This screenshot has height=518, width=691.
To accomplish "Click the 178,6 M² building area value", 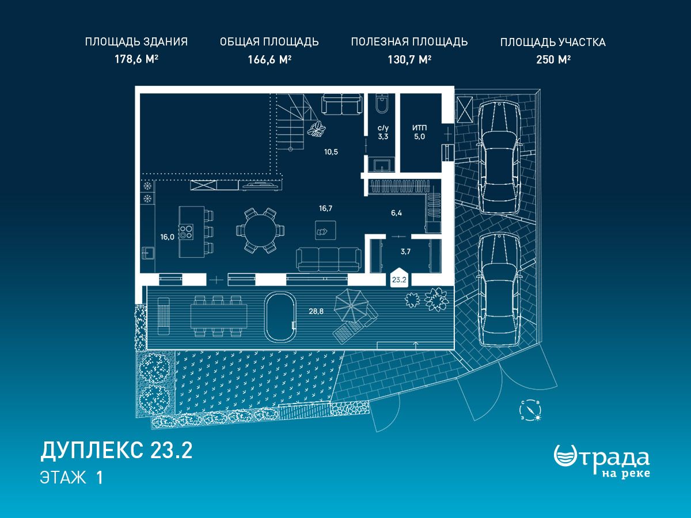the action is [136, 59].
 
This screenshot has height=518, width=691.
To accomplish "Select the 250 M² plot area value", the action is [553, 59].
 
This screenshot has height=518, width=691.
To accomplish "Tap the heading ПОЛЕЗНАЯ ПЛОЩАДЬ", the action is [409, 42].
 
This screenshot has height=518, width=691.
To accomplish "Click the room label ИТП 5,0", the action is [419, 132].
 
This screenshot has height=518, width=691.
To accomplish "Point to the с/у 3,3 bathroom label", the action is [383, 132].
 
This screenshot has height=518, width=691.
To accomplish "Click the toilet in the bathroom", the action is [382, 104].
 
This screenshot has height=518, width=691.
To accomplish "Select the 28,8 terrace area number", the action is [316, 311].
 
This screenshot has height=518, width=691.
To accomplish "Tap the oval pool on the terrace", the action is [280, 317].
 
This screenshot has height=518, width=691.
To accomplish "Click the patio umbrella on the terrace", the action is [351, 306].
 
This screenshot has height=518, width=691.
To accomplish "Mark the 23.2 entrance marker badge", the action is [399, 277].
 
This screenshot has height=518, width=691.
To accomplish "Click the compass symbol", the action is [530, 410].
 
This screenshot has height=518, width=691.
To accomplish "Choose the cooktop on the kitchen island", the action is [186, 232].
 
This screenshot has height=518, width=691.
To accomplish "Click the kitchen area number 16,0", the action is [167, 237].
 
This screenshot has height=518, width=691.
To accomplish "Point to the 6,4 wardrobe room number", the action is [396, 213].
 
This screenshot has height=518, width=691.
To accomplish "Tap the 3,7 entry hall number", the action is [405, 252].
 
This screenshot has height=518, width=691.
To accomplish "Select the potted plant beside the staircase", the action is [316, 129].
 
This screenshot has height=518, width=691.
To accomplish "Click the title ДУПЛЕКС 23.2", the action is [116, 451].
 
